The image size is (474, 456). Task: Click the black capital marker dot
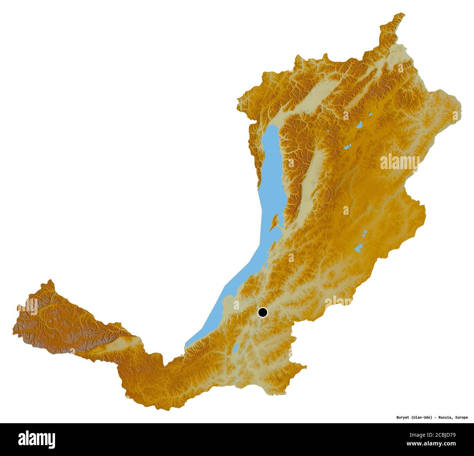[x=263, y=312]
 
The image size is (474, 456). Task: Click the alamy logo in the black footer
[x=36, y=439]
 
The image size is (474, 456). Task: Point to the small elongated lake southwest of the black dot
[x=236, y=348]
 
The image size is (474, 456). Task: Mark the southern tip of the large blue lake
[x=187, y=344]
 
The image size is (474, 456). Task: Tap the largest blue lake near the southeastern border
[x=358, y=249]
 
